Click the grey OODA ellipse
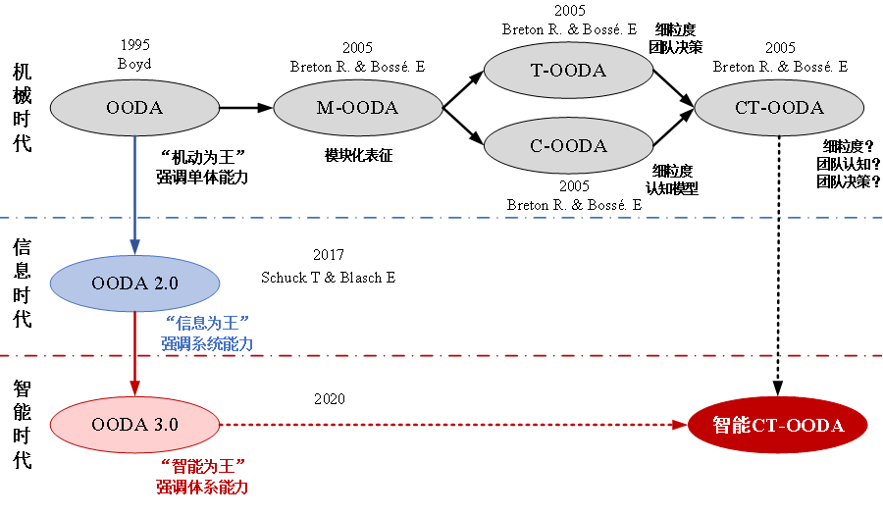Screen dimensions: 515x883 tap(134, 108)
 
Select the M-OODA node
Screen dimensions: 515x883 tap(358, 108)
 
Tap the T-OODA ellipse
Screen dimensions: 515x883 tap(569, 71)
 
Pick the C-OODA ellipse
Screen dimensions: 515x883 tap(569, 146)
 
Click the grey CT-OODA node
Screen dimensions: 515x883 tap(779, 108)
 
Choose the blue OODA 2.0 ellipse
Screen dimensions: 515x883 tap(134, 283)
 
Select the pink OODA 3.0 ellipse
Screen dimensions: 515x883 tap(134, 425)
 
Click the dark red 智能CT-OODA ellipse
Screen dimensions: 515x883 tap(778, 425)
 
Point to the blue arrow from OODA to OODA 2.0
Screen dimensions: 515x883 tap(134, 186)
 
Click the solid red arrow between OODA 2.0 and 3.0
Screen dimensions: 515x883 tap(134, 348)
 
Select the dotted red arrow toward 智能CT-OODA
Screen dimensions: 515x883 tap(441, 425)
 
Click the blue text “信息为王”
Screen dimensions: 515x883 tap(207, 323)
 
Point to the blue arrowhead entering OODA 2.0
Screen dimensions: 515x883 tap(134, 247)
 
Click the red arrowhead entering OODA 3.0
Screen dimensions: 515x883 tap(134, 388)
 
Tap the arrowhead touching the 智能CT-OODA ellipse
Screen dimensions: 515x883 tap(679, 425)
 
